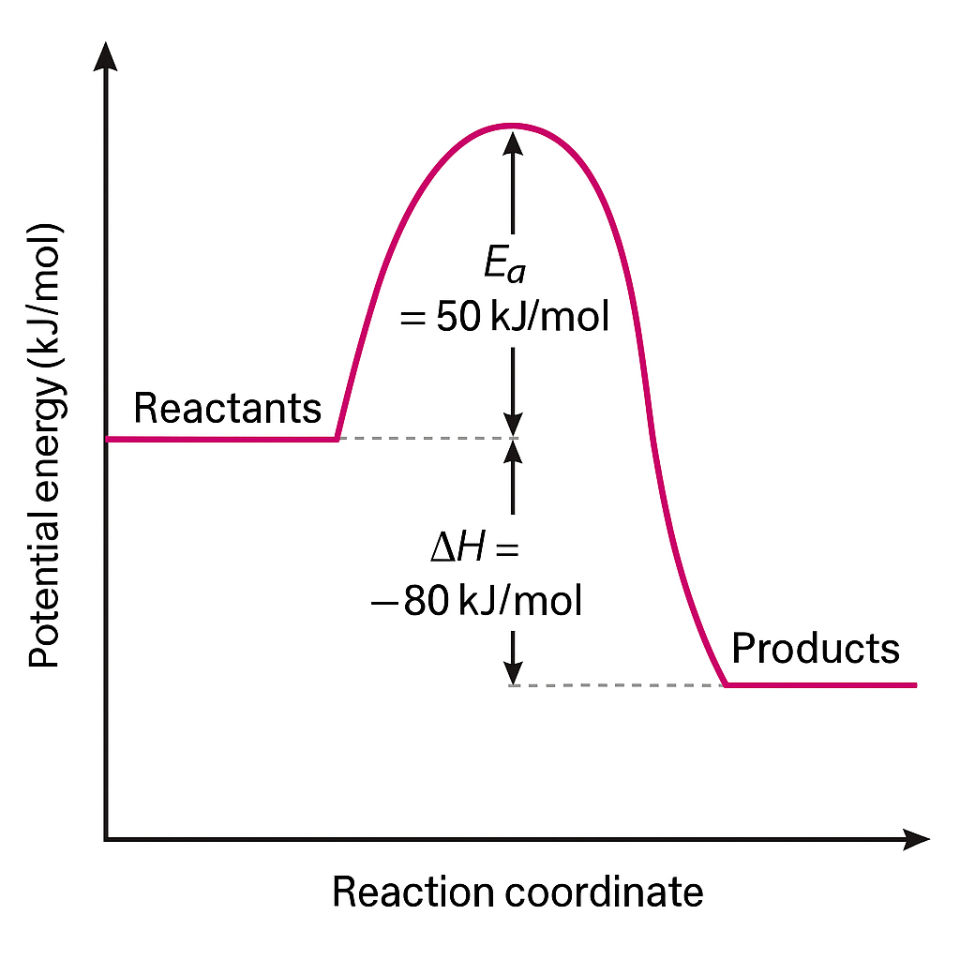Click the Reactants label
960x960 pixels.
[x=228, y=409]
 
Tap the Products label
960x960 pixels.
[x=815, y=649]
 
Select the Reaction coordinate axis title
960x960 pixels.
[x=517, y=892]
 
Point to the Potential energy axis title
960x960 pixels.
[x=44, y=445]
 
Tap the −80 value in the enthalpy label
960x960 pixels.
[x=413, y=601]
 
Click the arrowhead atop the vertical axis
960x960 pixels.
[x=107, y=56]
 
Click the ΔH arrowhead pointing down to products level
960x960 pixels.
[x=512, y=673]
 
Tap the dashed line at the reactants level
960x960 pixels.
[x=422, y=439]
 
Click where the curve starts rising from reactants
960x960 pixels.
[x=337, y=438]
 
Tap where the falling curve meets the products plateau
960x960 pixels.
[x=726, y=685]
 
